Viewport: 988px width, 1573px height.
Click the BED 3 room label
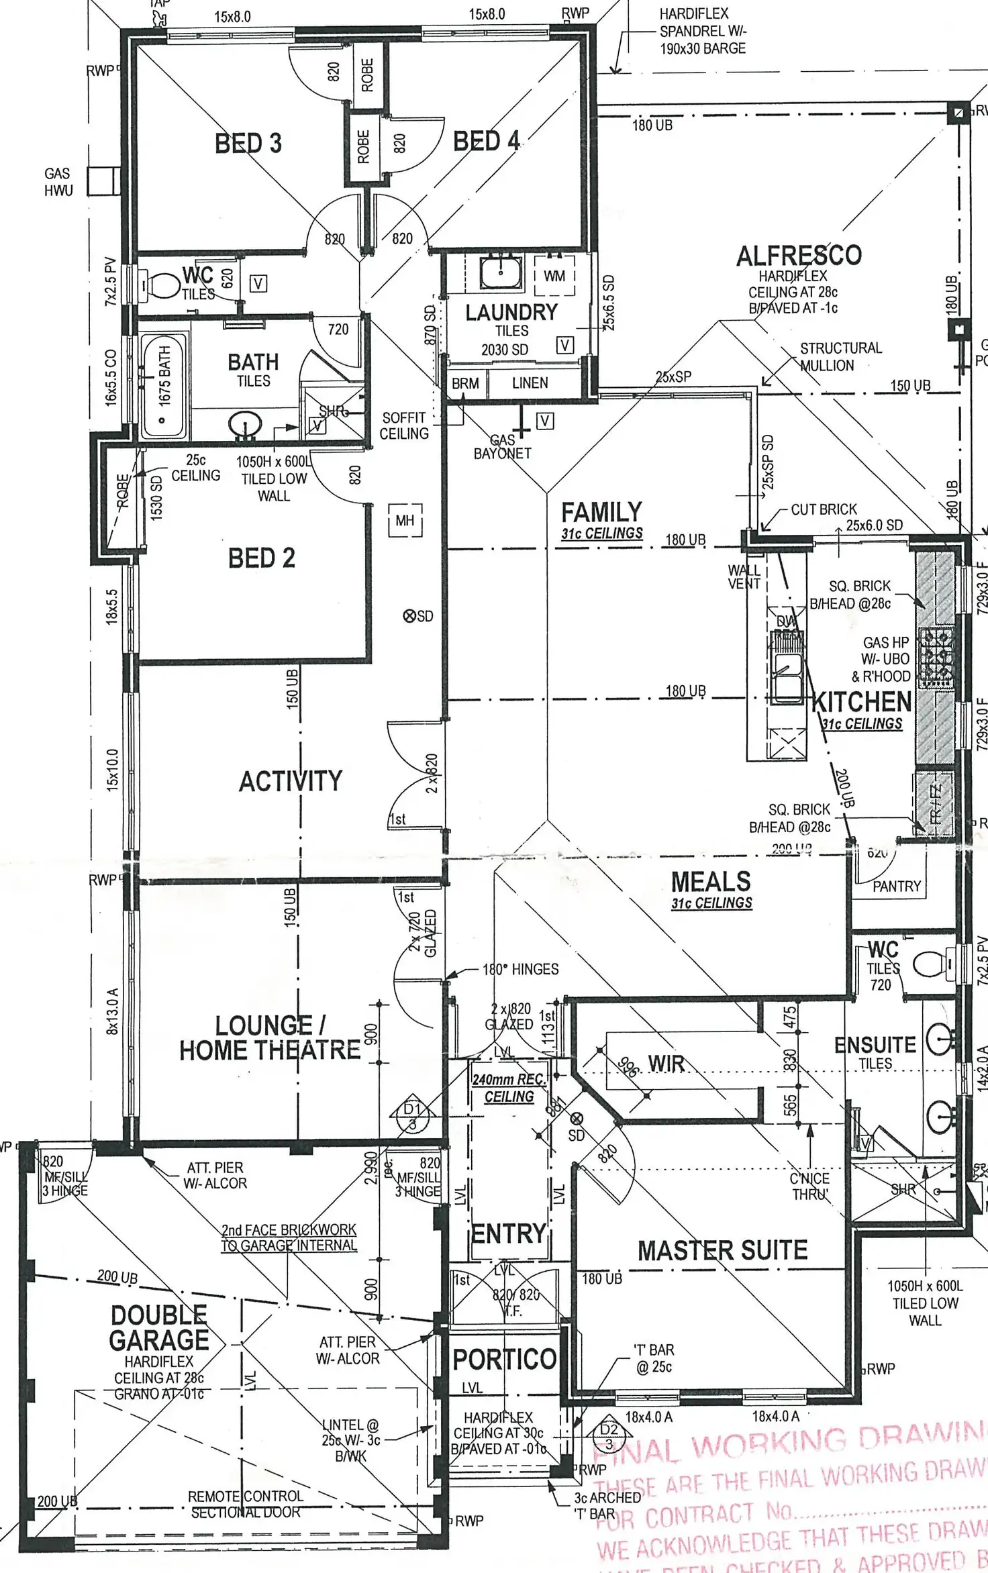tap(248, 143)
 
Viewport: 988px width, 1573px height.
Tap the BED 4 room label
tap(486, 141)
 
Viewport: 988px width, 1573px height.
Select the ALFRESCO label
tap(798, 256)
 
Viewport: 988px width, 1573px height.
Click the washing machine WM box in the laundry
tap(554, 276)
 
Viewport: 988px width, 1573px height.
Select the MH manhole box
tap(405, 520)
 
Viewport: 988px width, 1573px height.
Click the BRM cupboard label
tap(465, 383)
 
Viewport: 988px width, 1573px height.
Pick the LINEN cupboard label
tap(530, 383)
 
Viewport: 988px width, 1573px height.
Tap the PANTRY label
tap(897, 886)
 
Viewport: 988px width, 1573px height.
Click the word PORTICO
tap(505, 1360)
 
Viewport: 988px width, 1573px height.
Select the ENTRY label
tap(508, 1233)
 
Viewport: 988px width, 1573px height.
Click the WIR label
tap(666, 1064)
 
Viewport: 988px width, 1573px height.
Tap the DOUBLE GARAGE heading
tap(159, 1327)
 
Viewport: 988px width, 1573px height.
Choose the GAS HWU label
tap(58, 182)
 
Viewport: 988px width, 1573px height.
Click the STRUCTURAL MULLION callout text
tap(840, 356)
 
